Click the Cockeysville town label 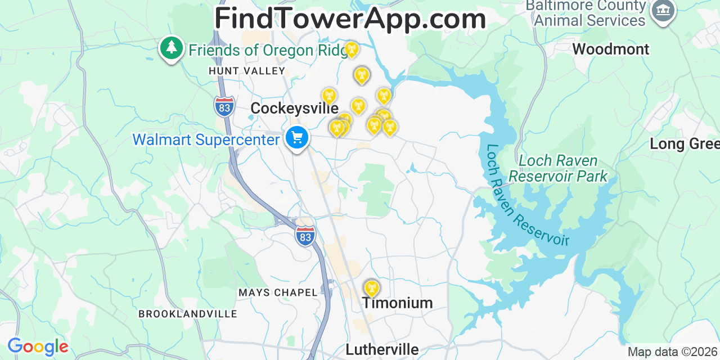pyautogui.click(x=294, y=108)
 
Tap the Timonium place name pyautogui.click(x=397, y=303)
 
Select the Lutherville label pyautogui.click(x=382, y=349)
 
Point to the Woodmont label pyautogui.click(x=611, y=49)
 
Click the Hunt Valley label pyautogui.click(x=247, y=71)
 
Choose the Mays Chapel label pyautogui.click(x=278, y=292)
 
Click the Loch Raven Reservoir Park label pyautogui.click(x=558, y=168)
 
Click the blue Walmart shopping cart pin pyautogui.click(x=296, y=137)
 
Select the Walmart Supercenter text pyautogui.click(x=206, y=139)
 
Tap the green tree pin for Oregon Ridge pyautogui.click(x=171, y=48)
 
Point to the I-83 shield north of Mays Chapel pyautogui.click(x=305, y=235)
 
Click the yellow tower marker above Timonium pyautogui.click(x=370, y=288)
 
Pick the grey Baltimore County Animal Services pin pyautogui.click(x=663, y=10)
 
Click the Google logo pyautogui.click(x=38, y=346)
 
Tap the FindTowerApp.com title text pyautogui.click(x=350, y=19)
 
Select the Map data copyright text pyautogui.click(x=673, y=352)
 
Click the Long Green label pyautogui.click(x=684, y=144)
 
